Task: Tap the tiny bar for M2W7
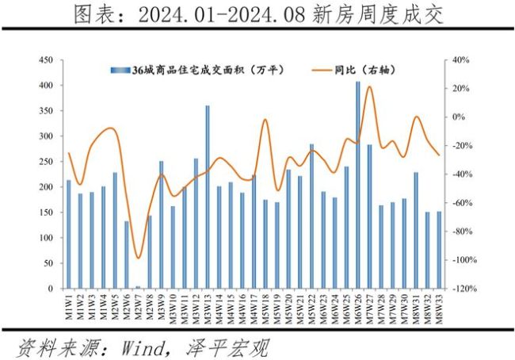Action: tap(138, 287)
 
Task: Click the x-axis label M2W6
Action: tap(127, 306)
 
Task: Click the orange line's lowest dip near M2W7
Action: tap(138, 258)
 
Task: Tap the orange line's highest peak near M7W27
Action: tap(370, 86)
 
